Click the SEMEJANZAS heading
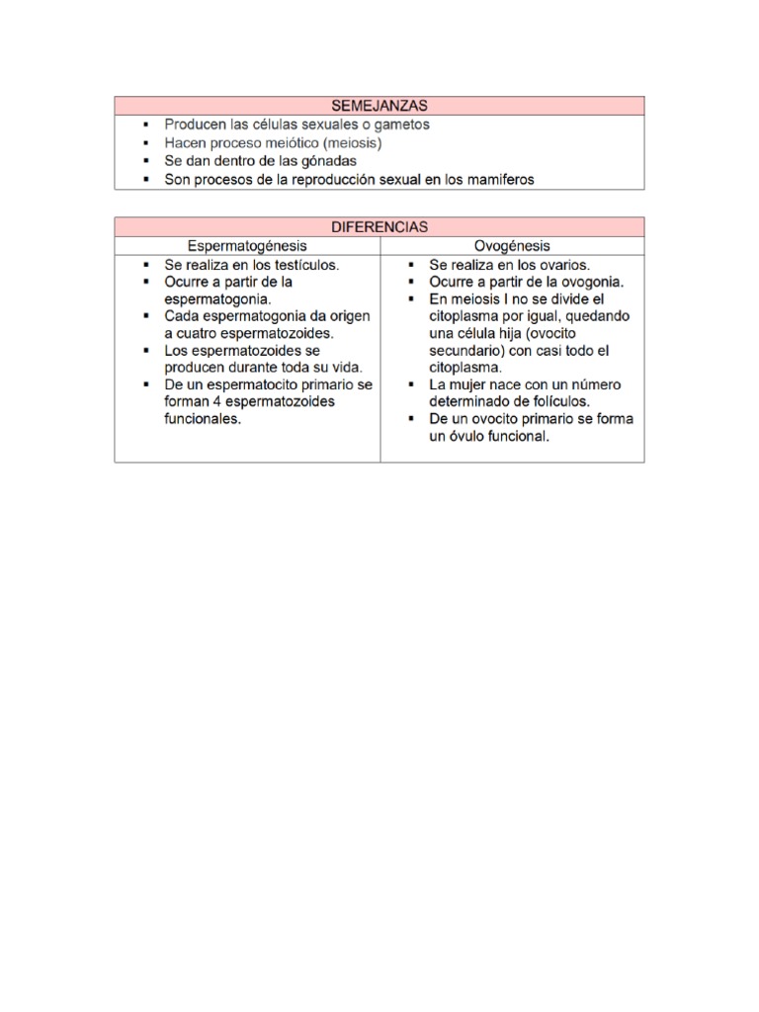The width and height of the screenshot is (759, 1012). point(379,105)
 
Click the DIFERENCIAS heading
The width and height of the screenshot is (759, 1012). point(379,226)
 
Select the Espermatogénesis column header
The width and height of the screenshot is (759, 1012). point(248,245)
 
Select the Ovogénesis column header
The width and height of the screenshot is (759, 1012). point(512,245)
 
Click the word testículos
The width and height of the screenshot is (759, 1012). point(304,264)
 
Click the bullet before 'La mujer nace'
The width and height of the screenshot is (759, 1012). point(410,384)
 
